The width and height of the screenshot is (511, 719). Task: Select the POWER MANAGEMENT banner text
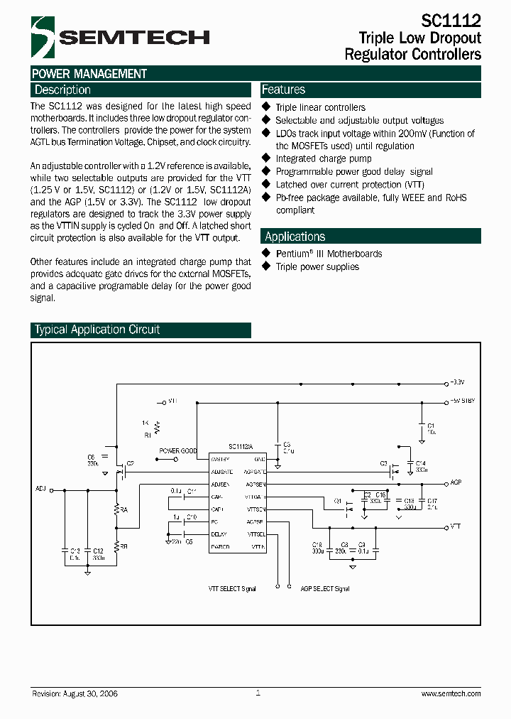89,74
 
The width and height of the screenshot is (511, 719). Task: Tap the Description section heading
62,90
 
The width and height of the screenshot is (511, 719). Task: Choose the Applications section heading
295,237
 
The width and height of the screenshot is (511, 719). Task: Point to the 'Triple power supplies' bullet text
317,266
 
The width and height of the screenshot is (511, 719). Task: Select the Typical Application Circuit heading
97,330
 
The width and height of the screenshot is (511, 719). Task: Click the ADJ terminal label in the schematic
40,489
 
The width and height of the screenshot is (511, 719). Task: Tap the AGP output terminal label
456,482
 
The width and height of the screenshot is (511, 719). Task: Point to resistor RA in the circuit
118,509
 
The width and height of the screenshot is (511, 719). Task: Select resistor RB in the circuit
118,546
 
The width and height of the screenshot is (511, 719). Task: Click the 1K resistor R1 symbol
157,428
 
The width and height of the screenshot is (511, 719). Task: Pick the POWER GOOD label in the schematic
177,450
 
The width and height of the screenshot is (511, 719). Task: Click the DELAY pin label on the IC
219,534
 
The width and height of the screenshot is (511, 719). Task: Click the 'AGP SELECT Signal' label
324,588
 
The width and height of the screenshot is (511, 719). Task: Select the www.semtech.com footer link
451,693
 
